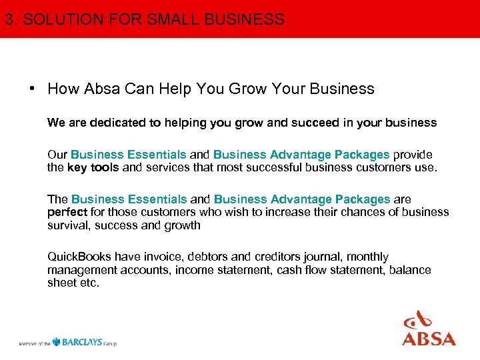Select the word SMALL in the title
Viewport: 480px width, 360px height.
pyautogui.click(x=169, y=19)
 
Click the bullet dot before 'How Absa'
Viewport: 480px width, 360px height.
pyautogui.click(x=31, y=89)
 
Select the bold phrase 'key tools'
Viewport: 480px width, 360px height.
pyautogui.click(x=93, y=167)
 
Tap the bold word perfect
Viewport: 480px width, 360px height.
pyautogui.click(x=67, y=212)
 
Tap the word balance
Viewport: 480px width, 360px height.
pyautogui.click(x=410, y=270)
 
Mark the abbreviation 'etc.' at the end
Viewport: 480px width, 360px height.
pyautogui.click(x=88, y=283)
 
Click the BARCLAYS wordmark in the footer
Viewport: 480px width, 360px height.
pyautogui.click(x=81, y=342)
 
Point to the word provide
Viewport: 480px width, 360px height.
pyautogui.click(x=413, y=155)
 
